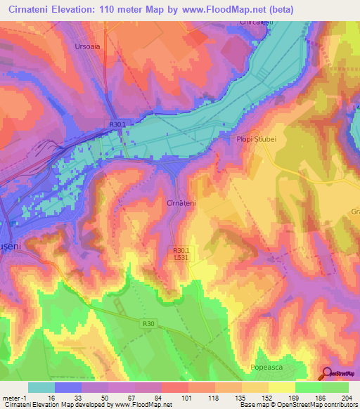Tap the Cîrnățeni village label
point(181,202)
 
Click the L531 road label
point(181,257)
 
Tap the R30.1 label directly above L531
point(181,249)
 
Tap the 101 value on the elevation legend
point(188,397)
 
